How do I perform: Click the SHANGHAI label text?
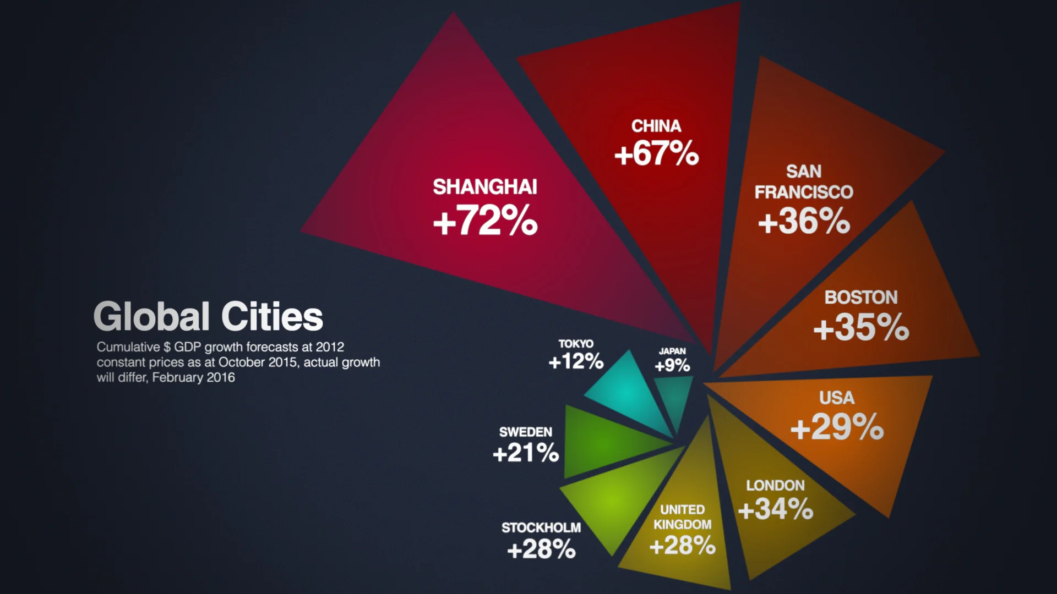pos(484,187)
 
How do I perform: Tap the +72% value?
pos(485,221)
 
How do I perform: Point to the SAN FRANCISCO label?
pos(804,182)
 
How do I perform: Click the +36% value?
pos(804,221)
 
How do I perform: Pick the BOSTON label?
pos(861,298)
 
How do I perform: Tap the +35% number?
pos(861,327)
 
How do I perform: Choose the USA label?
pos(837,398)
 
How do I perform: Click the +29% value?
pos(837,427)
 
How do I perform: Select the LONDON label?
pos(775,486)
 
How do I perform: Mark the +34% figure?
pos(775,509)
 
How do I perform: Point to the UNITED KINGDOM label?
pos(683,517)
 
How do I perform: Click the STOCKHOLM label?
pos(541,528)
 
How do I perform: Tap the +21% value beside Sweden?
pos(526,453)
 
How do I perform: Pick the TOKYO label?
pos(576,344)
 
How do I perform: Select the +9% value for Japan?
pos(672,365)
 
